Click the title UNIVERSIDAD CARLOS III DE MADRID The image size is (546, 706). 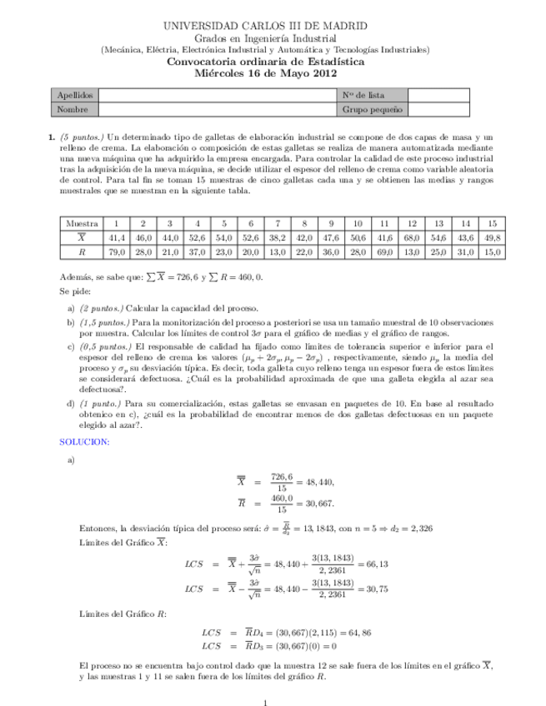pyautogui.click(x=272, y=27)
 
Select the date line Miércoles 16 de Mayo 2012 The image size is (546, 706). pyautogui.click(x=272, y=72)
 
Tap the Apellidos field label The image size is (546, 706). pyautogui.click(x=73, y=95)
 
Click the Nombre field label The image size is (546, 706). pyautogui.click(x=71, y=109)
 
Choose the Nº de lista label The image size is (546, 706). pyautogui.click(x=363, y=95)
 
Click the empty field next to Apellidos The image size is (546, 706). pyautogui.click(x=216, y=95)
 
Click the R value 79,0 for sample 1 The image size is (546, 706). pyautogui.click(x=117, y=251)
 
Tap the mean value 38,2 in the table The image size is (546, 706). pyautogui.click(x=278, y=237)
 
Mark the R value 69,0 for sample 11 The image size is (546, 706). pyautogui.click(x=383, y=251)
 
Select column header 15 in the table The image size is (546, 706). pyautogui.click(x=492, y=223)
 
